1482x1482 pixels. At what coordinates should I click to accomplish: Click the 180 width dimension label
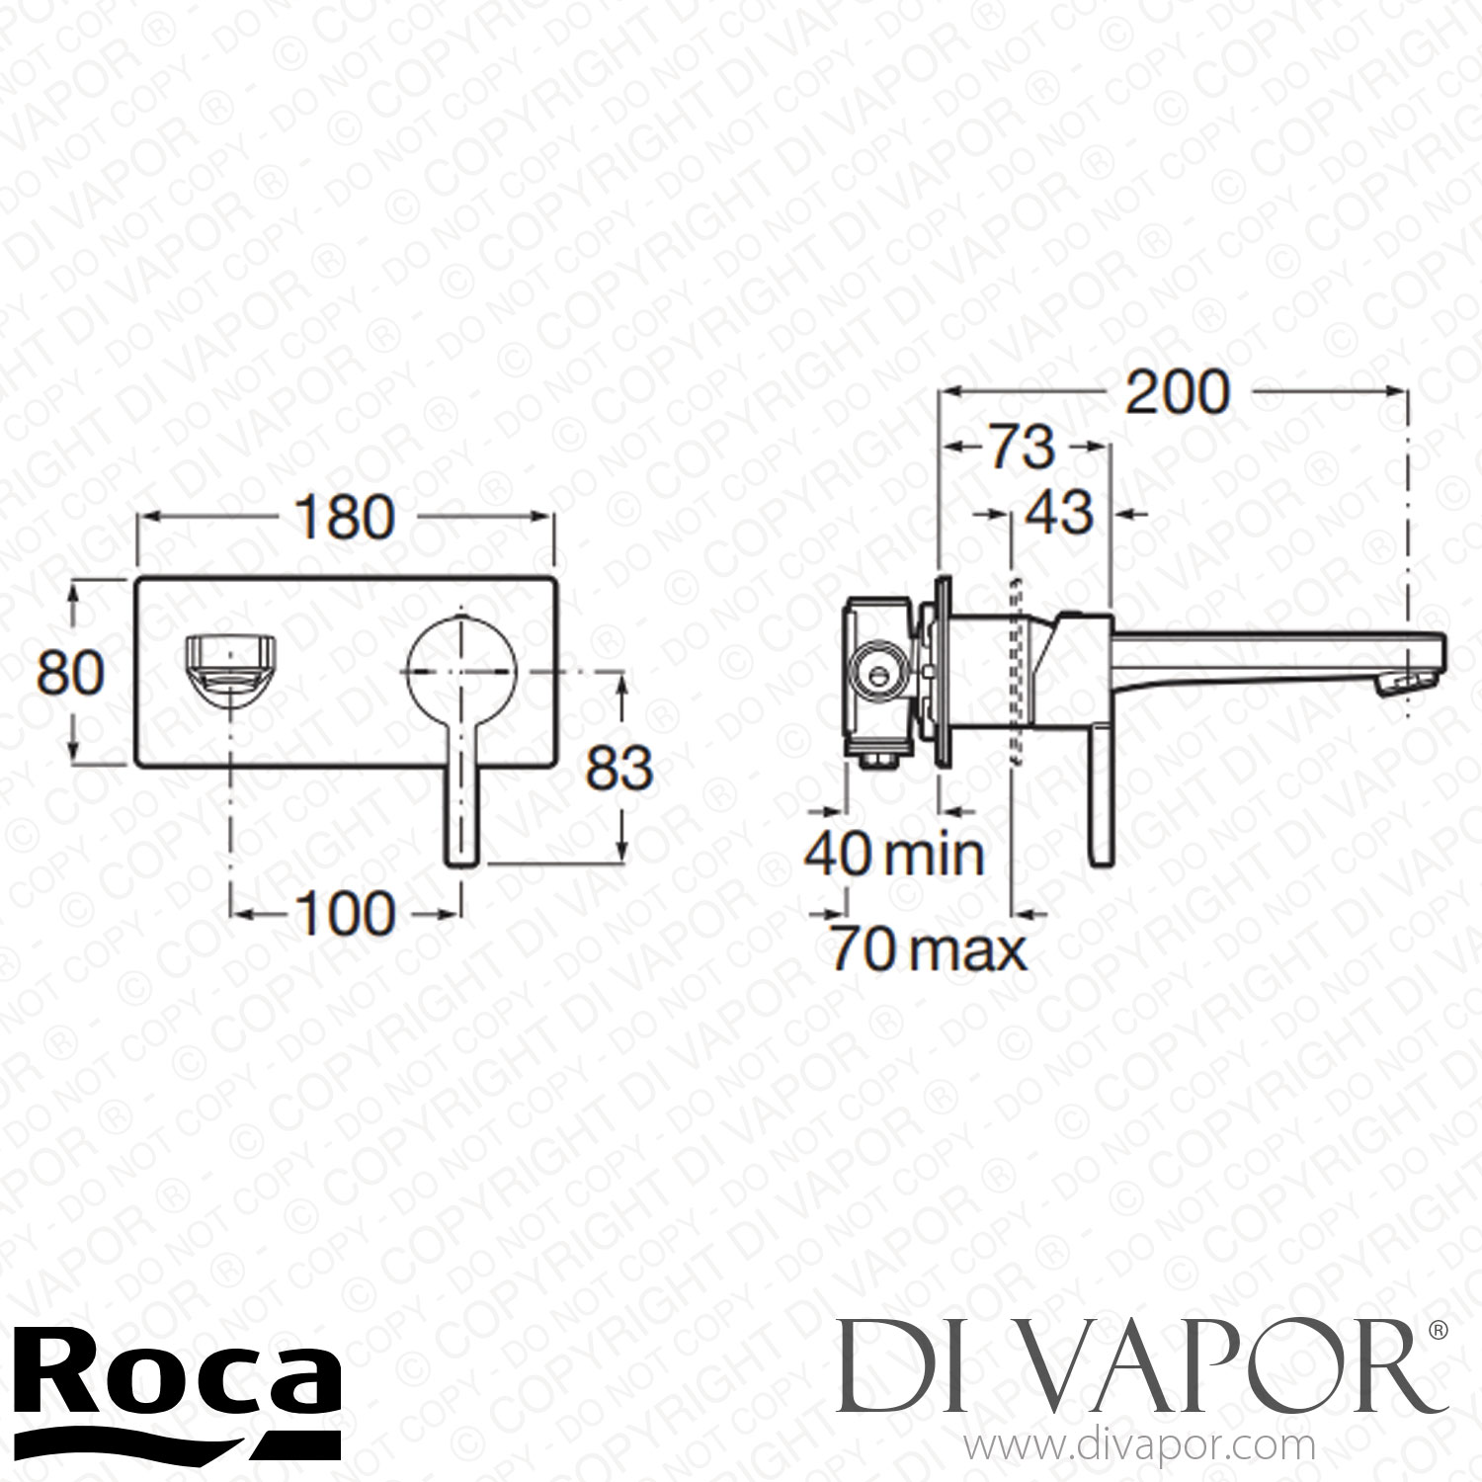345,517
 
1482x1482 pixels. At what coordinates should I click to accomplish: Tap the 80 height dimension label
70,674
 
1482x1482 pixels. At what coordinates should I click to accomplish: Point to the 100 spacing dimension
345,912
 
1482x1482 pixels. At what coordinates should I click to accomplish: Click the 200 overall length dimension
1179,391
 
